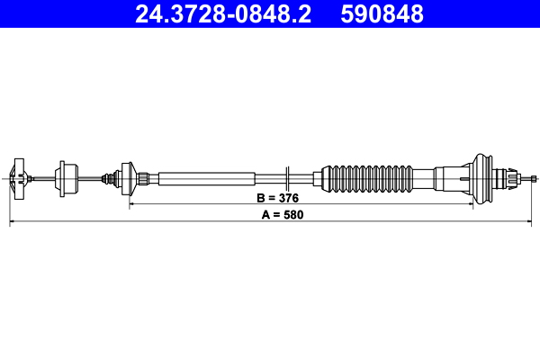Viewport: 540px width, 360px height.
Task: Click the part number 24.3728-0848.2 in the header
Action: pyautogui.click(x=225, y=14)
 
